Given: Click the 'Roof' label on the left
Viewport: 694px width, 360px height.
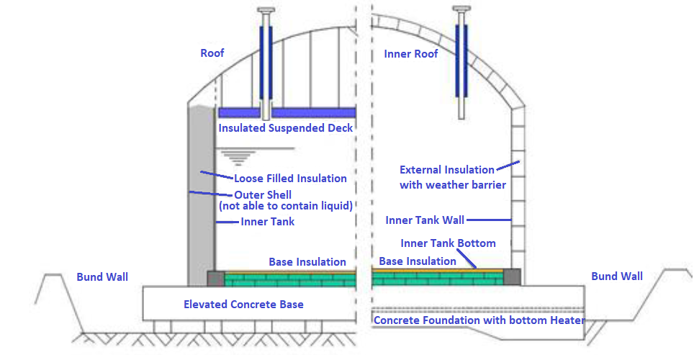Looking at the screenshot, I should tap(212, 53).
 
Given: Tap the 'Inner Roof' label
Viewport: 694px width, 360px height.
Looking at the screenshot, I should tap(411, 54).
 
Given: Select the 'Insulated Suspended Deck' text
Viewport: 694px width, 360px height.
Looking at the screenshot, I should tap(286, 128).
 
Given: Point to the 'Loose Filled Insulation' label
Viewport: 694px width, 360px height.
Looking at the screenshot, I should tap(290, 178).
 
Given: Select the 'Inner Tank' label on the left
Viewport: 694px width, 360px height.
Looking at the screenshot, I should tap(268, 222).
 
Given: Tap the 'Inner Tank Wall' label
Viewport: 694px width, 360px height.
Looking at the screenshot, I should tap(425, 220).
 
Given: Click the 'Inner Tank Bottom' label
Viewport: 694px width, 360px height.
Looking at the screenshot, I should tap(448, 243).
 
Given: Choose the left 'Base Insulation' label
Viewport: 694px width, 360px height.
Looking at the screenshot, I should tap(307, 262).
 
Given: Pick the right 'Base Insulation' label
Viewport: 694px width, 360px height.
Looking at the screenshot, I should tap(418, 261).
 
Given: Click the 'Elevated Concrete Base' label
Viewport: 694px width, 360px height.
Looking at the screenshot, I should tap(243, 305).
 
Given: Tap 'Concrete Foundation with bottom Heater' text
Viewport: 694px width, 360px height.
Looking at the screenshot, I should tap(479, 320).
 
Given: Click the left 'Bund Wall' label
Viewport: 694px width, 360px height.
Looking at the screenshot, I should tap(102, 276).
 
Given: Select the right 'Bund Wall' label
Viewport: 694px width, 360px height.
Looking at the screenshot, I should tap(617, 276).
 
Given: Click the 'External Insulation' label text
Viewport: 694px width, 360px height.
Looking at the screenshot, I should tap(447, 170).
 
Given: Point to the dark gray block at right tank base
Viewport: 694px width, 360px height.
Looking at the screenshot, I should tap(511, 276).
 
